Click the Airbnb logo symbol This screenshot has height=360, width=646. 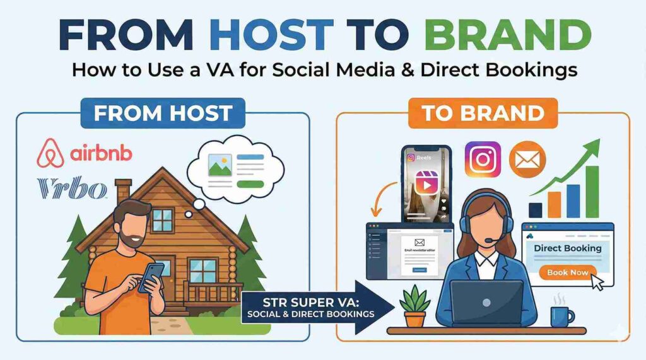coord(51,153)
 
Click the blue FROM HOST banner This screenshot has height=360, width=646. coord(162,113)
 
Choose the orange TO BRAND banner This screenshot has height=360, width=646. coord(483,113)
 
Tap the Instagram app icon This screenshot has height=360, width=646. coord(482,159)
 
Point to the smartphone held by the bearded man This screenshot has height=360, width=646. coord(152,276)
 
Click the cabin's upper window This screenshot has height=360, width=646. coord(162,220)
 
